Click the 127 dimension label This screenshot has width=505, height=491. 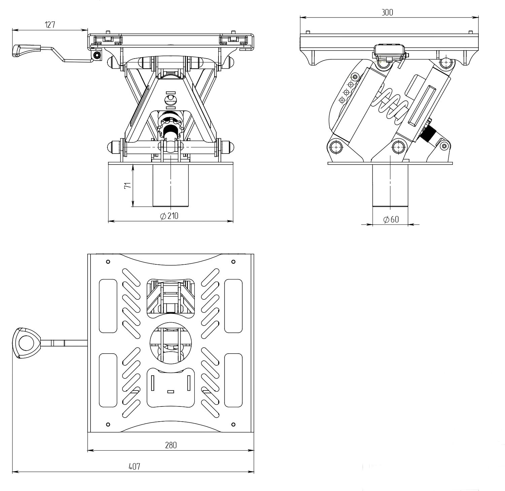pyautogui.click(x=50, y=25)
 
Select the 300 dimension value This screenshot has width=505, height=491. pyautogui.click(x=387, y=12)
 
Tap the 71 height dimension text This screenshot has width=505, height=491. pyautogui.click(x=128, y=186)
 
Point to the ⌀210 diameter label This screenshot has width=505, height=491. pyautogui.click(x=169, y=216)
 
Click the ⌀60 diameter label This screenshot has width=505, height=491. pyautogui.click(x=391, y=220)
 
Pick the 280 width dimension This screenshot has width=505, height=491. pyautogui.click(x=171, y=445)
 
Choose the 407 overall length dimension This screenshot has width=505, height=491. pyautogui.click(x=134, y=466)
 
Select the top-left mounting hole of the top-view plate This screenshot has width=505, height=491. pyautogui.click(x=108, y=262)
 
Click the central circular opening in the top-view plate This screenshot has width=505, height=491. pyautogui.click(x=171, y=343)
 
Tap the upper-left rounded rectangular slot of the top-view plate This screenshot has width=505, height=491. pyautogui.click(x=108, y=306)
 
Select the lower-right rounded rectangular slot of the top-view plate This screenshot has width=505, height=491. pyautogui.click(x=233, y=380)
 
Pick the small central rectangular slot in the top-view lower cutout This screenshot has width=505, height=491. pyautogui.click(x=171, y=392)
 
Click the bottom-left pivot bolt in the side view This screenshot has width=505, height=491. pyautogui.click(x=336, y=147)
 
